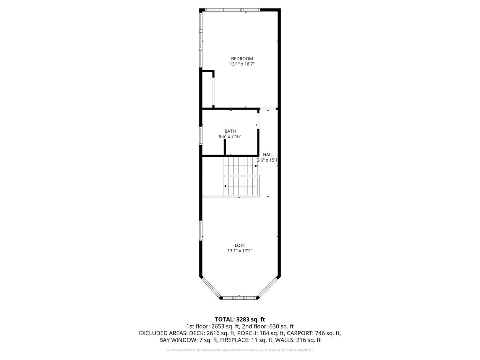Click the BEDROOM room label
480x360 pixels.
click(x=242, y=59)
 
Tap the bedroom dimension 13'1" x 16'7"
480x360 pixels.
click(x=242, y=65)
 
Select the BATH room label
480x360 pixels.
click(x=230, y=131)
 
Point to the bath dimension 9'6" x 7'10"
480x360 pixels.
click(x=230, y=137)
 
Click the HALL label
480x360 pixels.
click(x=268, y=155)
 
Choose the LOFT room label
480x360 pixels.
click(x=240, y=246)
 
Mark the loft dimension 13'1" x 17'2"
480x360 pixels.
click(x=240, y=251)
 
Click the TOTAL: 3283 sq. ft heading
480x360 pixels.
click(x=240, y=319)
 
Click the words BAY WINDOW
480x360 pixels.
click(x=177, y=340)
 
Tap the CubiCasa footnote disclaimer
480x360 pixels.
click(x=240, y=350)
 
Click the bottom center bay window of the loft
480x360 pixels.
click(x=239, y=298)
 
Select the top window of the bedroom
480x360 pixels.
click(x=232, y=10)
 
